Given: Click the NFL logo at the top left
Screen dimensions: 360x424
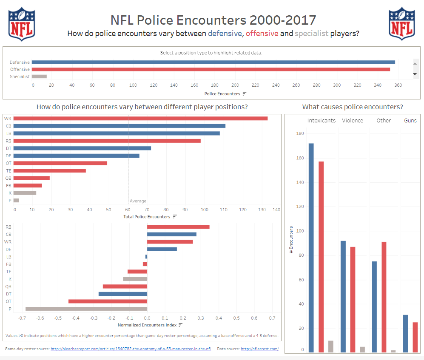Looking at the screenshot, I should [x=22, y=25].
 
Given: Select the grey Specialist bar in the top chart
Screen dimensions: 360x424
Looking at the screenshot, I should [x=39, y=77].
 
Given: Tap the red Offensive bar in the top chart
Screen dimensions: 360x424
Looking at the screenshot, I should [x=211, y=69].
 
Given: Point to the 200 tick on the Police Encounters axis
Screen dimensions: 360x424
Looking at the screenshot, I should [x=235, y=85].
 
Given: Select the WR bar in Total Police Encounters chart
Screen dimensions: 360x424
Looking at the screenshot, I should [x=140, y=118].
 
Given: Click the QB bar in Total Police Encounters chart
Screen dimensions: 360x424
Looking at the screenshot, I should [x=31, y=178].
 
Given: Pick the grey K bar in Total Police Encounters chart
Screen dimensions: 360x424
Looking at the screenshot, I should [x=25, y=193].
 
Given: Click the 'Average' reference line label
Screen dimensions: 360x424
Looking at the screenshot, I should [x=138, y=201].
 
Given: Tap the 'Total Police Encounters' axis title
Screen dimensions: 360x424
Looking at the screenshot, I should [x=147, y=217].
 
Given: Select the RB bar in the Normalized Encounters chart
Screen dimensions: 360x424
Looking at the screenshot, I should [x=178, y=227].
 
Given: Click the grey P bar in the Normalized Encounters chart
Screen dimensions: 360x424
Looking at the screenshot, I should [x=86, y=309].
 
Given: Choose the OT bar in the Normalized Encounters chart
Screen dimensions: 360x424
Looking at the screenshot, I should [x=108, y=301].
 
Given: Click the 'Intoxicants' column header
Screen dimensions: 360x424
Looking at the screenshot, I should [x=322, y=120].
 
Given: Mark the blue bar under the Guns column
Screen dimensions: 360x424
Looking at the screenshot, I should [x=405, y=334].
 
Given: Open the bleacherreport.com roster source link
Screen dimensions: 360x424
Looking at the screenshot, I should [x=131, y=349].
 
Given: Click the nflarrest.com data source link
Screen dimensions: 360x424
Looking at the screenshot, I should [x=259, y=349].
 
